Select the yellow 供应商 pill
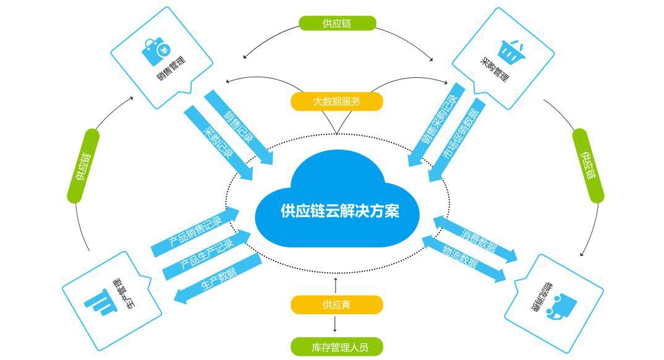336,304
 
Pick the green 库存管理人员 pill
336,346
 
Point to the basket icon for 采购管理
508,52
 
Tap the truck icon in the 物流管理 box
563,304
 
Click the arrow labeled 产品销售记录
195,232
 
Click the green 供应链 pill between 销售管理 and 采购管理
336,23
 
